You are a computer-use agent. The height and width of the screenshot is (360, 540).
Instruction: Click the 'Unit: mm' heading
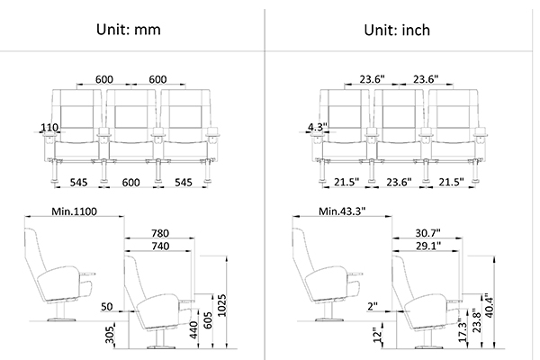pos(129,30)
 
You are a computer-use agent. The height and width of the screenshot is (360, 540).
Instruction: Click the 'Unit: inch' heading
pos(397,30)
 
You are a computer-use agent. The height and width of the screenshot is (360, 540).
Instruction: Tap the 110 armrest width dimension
pos(49,128)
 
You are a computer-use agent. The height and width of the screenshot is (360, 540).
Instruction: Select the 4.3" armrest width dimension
pos(317,127)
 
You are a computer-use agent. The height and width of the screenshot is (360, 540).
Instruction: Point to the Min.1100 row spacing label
pos(74,211)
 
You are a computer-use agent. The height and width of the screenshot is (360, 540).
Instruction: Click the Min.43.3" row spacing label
pos(342,211)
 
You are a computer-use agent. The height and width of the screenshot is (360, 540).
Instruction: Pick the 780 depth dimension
pos(160,233)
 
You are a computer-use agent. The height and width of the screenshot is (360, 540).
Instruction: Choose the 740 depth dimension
pos(160,246)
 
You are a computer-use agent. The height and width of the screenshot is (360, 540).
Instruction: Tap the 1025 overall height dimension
pos(222,305)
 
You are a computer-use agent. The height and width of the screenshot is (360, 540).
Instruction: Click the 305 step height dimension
pos(110,335)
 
